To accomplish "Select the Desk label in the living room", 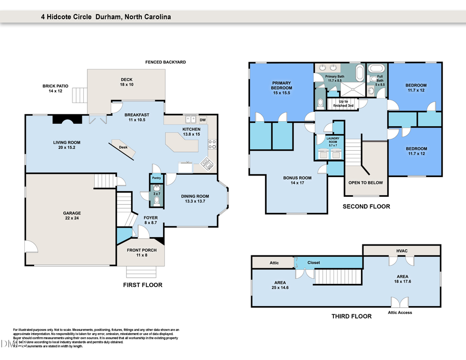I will point(123,147).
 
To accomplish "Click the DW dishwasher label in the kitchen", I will point(202,120).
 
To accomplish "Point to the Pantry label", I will point(156,178).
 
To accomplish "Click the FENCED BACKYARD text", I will point(165,62).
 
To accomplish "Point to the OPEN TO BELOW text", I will point(366,183).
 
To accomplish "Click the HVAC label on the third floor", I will point(402,251).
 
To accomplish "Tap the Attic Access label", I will point(399,312).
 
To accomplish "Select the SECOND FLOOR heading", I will point(366,207).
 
